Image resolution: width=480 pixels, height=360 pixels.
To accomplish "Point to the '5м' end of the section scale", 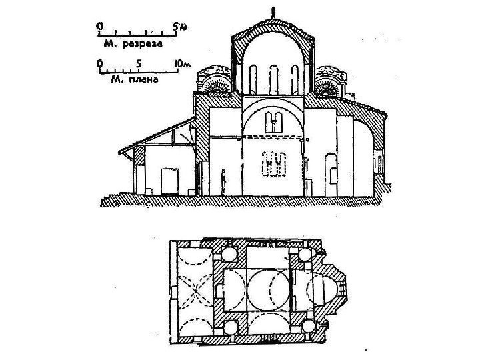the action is pos(177,26).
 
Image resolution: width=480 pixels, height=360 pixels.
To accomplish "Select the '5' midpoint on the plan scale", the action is pos(138,64).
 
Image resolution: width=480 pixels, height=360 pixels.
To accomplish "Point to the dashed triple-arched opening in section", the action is pos(274,164).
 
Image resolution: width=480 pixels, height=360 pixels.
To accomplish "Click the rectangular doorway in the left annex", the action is pos(170,180).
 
